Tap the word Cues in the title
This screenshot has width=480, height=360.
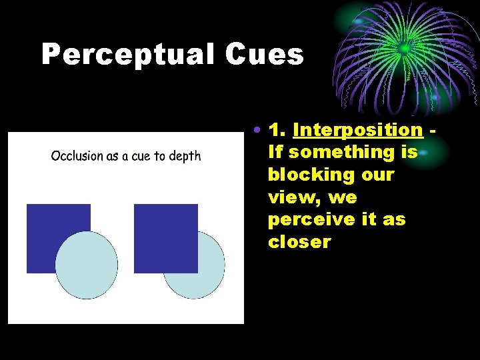[x=264, y=55]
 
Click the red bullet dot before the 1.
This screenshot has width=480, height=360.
[x=257, y=129]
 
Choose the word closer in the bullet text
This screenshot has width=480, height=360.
[x=299, y=242]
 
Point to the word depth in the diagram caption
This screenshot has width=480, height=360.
[x=185, y=157]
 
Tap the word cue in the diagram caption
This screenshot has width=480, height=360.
[x=141, y=157]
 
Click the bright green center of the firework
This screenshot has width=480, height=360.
[x=403, y=48]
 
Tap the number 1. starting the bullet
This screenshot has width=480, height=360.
[x=277, y=129]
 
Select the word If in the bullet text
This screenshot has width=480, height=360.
[x=275, y=152]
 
